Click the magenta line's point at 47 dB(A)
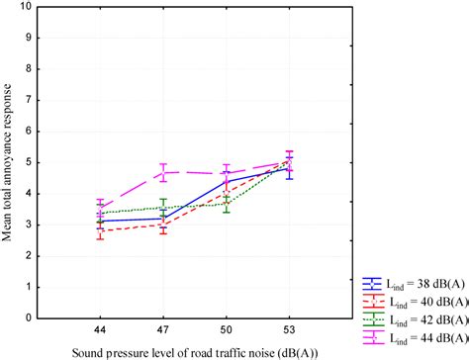click(x=162, y=172)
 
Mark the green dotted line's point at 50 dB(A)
click(x=227, y=203)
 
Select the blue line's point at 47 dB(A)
click(x=162, y=219)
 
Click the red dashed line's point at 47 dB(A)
click(x=162, y=225)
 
